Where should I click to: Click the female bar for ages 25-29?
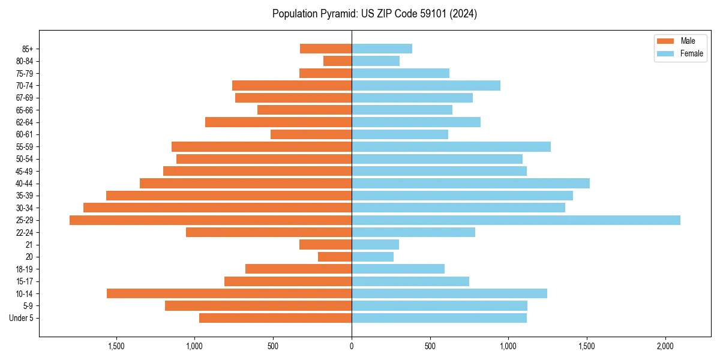pos(516,220)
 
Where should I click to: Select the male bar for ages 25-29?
pos(211,220)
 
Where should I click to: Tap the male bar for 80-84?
pos(337,61)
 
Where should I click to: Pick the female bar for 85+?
pos(382,49)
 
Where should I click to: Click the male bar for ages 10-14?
pos(229,293)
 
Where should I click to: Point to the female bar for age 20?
pos(373,257)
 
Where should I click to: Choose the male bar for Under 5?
pos(275,318)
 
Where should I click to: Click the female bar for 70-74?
pos(426,85)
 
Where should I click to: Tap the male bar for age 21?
pos(325,244)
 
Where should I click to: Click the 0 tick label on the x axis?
pos(352,346)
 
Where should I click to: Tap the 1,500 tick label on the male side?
pos(116,346)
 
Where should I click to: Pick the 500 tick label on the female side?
pos(430,346)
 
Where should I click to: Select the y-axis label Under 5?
pos(22,318)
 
